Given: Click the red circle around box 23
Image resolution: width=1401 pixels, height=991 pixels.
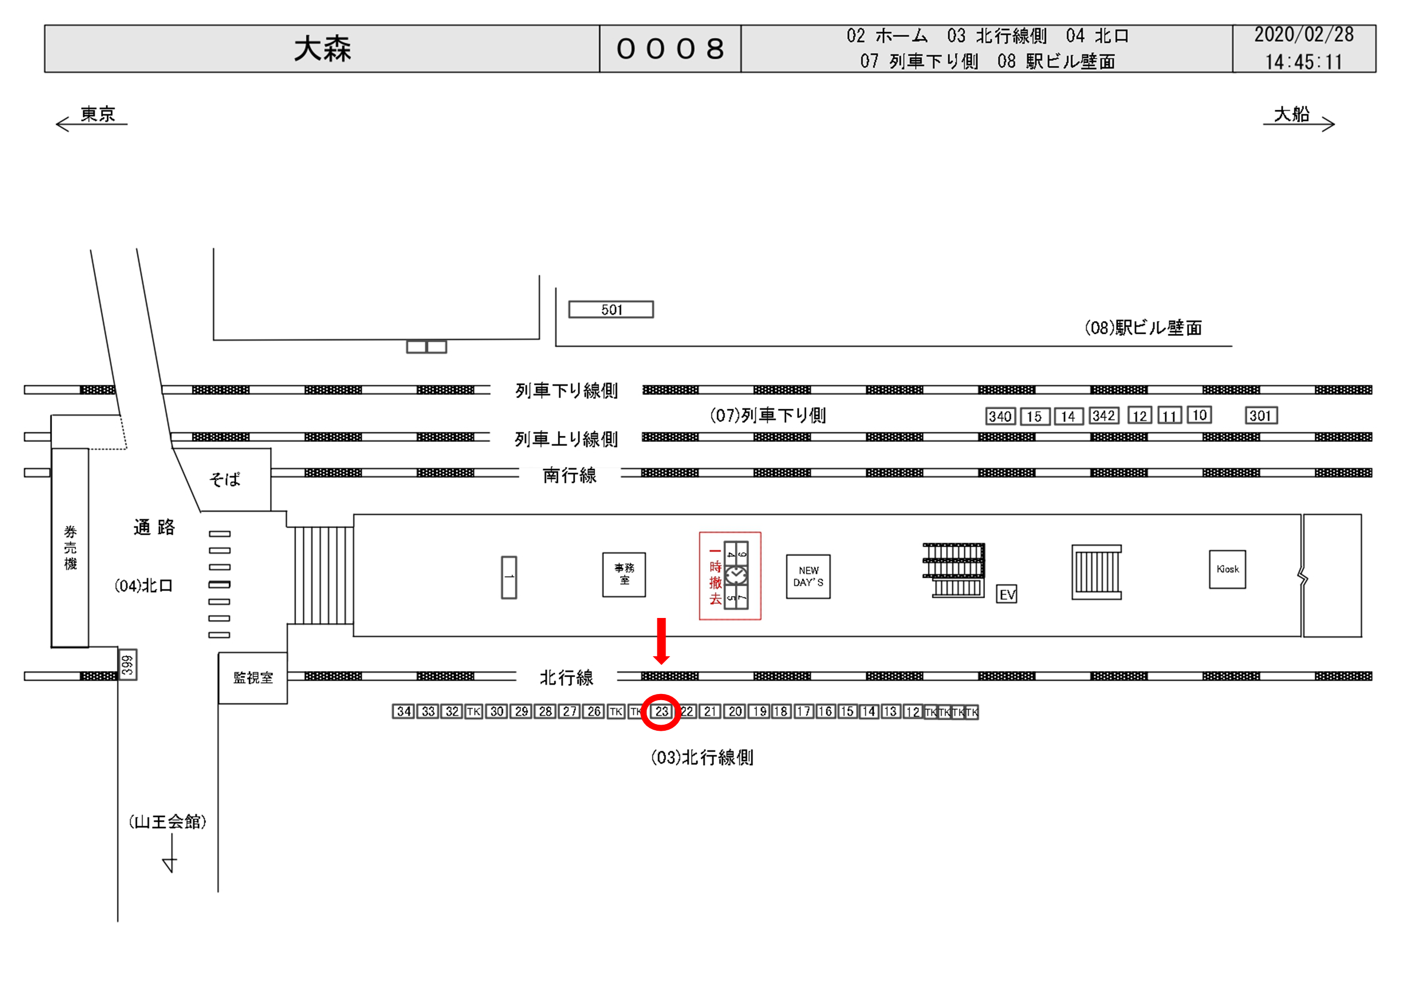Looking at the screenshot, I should (661, 712).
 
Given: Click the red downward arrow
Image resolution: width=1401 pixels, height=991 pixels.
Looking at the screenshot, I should (661, 641).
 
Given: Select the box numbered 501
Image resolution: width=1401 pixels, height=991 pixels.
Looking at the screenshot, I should (611, 309).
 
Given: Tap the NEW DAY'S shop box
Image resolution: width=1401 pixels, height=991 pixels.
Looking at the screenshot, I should (808, 577).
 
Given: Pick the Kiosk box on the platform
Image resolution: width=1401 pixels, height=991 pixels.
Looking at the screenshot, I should (1227, 569).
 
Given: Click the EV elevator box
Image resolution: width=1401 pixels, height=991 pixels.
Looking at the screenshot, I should (1007, 594).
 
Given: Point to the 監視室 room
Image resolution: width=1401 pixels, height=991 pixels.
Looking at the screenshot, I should (253, 678).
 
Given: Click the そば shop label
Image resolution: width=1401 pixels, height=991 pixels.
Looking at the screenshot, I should (225, 480).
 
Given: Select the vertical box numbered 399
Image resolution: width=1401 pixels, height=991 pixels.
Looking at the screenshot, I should (127, 664).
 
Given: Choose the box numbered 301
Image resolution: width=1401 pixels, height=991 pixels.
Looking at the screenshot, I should (1261, 416).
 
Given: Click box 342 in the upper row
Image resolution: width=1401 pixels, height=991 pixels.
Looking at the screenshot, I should (1104, 416).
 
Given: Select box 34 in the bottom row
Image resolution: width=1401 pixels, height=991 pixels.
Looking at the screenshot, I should (403, 711).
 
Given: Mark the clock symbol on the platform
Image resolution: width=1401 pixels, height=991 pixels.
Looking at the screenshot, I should (736, 576).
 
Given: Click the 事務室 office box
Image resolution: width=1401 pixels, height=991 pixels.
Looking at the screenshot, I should (624, 575).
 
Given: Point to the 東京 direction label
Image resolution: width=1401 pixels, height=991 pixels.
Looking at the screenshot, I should (97, 114).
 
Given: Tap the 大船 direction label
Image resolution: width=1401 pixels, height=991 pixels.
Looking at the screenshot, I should (1292, 114).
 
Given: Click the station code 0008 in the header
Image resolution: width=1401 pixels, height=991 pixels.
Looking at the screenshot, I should (670, 49).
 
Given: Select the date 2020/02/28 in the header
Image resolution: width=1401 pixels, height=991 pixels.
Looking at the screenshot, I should (1304, 35).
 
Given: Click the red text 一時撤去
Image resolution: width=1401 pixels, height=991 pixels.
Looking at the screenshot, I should (715, 576).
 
